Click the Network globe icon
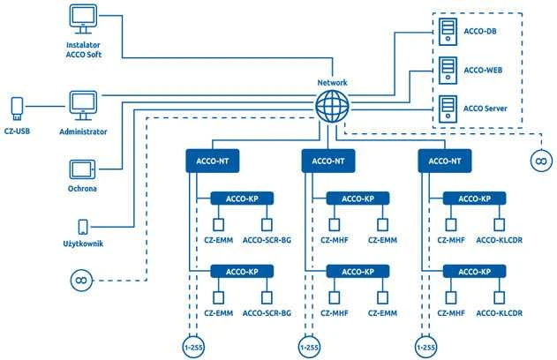[332, 106]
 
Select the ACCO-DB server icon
[448, 32]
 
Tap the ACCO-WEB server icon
[448, 71]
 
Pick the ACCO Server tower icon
[448, 109]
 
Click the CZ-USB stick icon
[17, 109]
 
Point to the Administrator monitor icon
[83, 106]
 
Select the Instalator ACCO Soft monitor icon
[83, 19]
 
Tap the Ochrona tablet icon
[82, 169]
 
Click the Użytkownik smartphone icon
[83, 227]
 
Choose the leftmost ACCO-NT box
[213, 161]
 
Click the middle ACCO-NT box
[328, 161]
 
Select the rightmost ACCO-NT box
[445, 161]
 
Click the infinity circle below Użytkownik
[81, 281]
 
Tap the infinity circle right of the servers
[541, 161]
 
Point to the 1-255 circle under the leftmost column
[193, 347]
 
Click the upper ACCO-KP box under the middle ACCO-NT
[358, 199]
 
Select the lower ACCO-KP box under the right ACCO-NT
[474, 272]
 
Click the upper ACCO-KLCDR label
[499, 240]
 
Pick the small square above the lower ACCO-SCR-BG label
[267, 297]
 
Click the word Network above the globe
[332, 83]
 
